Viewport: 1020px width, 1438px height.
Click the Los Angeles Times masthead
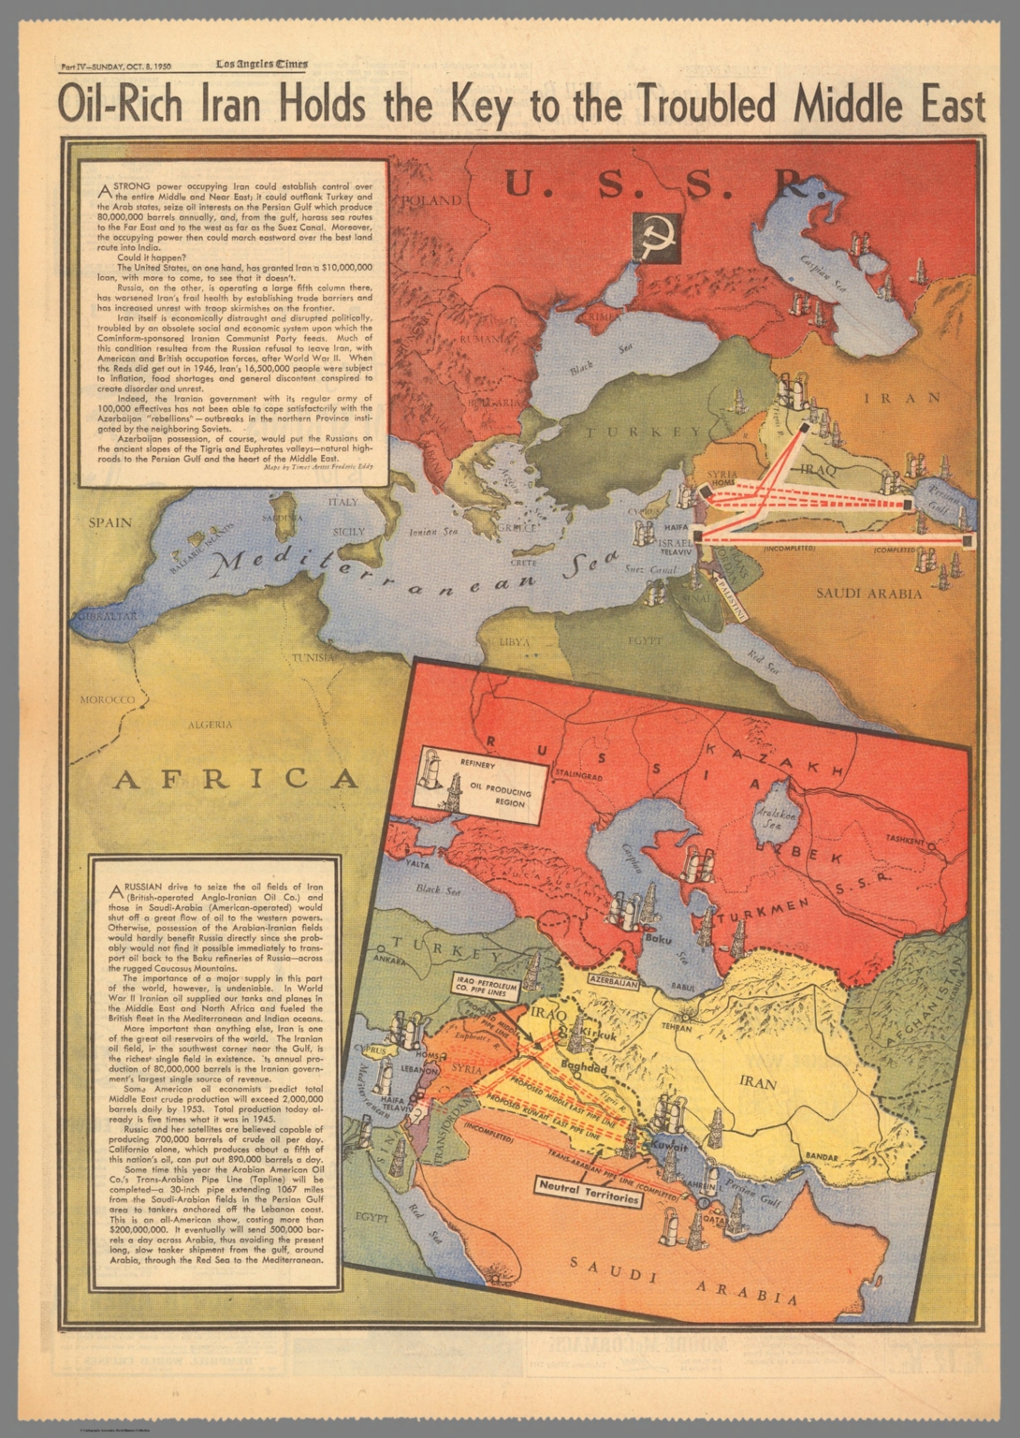click(262, 65)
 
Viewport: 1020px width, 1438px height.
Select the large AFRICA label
click(235, 779)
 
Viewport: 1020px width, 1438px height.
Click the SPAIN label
click(109, 522)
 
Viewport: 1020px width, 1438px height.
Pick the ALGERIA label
click(211, 725)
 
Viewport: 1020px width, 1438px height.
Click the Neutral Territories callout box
click(588, 1197)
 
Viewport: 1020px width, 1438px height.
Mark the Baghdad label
click(585, 1067)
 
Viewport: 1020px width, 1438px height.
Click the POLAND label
click(431, 200)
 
